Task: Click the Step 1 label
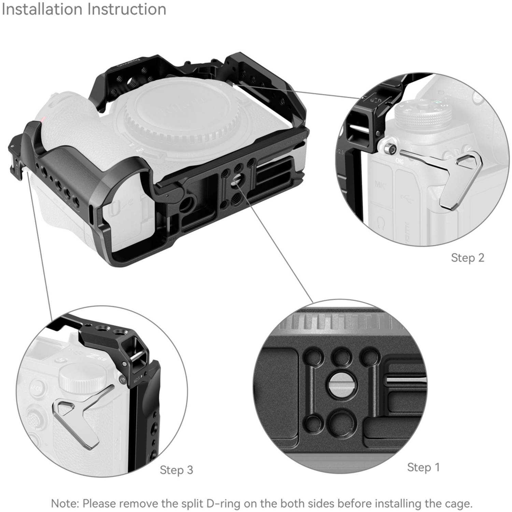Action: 423,467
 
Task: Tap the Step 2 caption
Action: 467,258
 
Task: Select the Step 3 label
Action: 176,470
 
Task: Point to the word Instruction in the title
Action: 126,9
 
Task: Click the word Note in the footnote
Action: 65,503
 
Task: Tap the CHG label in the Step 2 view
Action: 399,161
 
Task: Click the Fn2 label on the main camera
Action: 140,150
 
